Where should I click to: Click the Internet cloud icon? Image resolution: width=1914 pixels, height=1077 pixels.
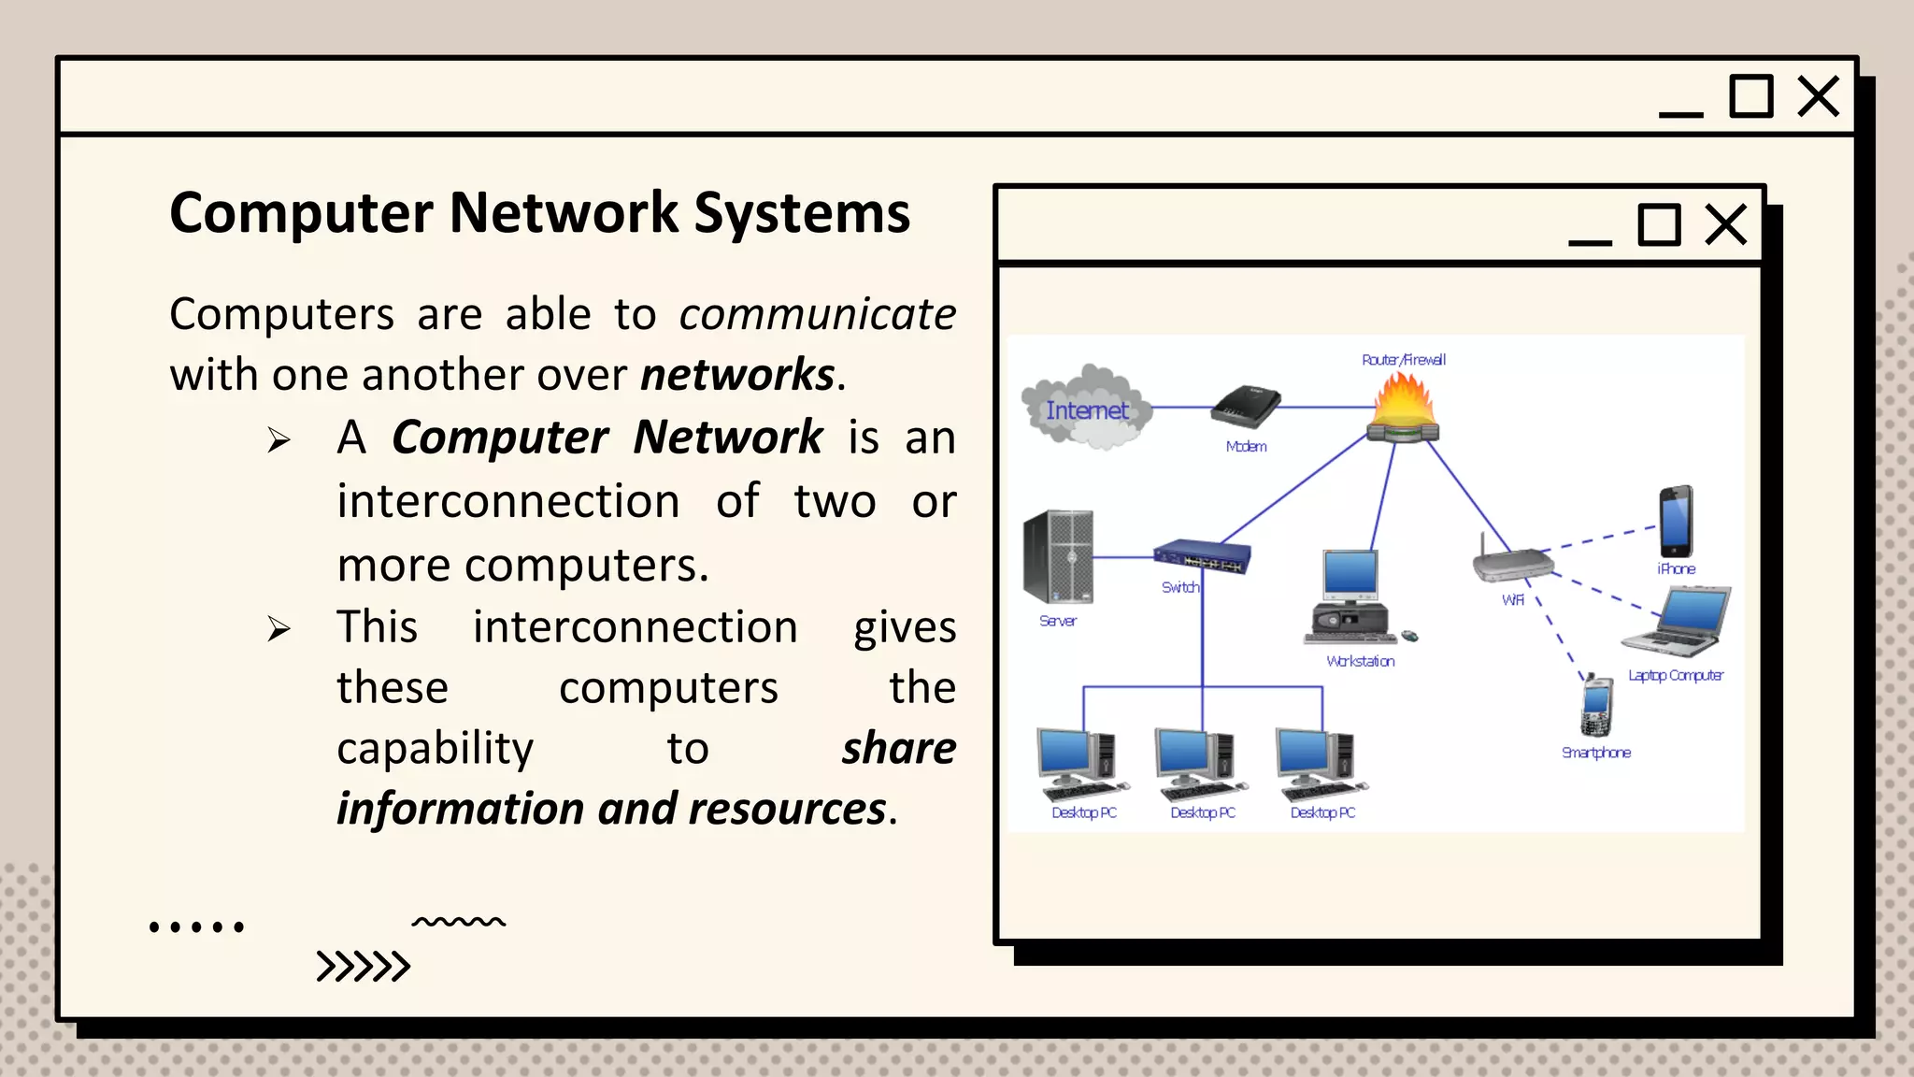tap(1086, 409)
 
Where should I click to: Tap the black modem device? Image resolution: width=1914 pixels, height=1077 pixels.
tap(1246, 408)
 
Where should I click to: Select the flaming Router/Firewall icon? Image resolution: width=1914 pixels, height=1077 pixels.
tap(1402, 409)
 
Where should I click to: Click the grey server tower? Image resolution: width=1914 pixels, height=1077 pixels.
tap(1059, 557)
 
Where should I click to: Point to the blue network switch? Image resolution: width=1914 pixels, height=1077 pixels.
tap(1201, 556)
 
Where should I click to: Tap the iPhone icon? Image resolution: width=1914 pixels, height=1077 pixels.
tap(1676, 522)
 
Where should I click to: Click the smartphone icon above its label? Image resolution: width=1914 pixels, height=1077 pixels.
tap(1596, 707)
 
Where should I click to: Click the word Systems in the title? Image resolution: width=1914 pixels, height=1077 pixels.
tap(802, 213)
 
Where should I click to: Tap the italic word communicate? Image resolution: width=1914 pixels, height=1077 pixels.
tap(817, 314)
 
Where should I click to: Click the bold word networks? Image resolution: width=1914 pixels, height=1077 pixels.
tap(737, 375)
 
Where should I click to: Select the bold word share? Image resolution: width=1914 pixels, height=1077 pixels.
tap(898, 748)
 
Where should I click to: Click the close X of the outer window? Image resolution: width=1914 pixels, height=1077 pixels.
tap(1818, 96)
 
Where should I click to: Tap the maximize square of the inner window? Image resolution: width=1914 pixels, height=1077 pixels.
tap(1659, 224)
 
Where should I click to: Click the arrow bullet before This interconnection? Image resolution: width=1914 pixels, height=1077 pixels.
tap(279, 628)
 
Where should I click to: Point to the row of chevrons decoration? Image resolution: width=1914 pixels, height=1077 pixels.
tap(363, 966)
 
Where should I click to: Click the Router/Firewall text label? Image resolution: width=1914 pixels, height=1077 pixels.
tap(1403, 360)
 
